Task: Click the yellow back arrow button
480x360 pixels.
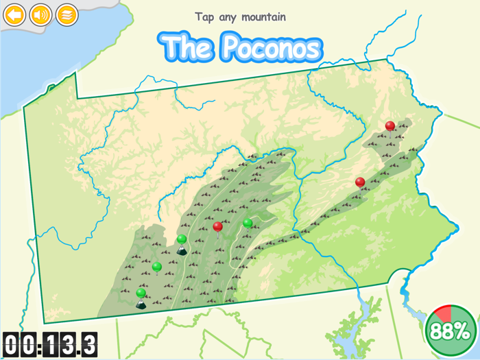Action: [14, 14]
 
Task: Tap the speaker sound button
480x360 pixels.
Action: [40, 14]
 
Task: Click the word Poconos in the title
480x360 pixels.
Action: [272, 47]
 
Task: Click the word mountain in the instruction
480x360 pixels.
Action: [263, 17]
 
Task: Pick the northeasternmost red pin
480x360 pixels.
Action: [390, 126]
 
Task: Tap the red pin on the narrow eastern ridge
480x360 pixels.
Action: [360, 182]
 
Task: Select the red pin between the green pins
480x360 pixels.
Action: [218, 226]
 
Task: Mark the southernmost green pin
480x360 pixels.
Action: [141, 293]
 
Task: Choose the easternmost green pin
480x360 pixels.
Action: [248, 223]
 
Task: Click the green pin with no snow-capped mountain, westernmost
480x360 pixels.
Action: [157, 266]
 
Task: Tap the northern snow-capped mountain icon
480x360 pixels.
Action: [182, 250]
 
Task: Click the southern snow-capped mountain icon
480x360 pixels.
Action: [141, 304]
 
